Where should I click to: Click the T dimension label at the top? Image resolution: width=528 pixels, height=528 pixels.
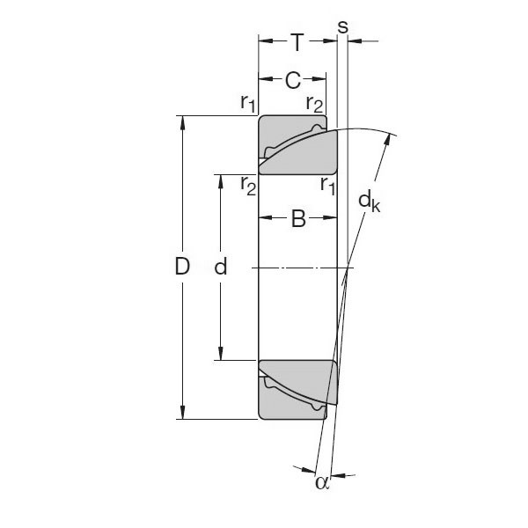tap(297, 41)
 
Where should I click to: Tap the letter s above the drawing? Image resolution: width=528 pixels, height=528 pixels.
tap(342, 26)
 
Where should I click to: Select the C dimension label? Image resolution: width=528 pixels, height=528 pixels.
tap(293, 81)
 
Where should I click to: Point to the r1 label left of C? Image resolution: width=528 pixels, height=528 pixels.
tap(247, 102)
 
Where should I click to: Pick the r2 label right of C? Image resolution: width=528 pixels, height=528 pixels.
tap(314, 103)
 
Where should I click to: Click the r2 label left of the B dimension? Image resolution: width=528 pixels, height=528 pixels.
tap(247, 185)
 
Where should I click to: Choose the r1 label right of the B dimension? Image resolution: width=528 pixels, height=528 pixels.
tap(328, 185)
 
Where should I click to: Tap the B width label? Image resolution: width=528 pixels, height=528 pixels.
tap(297, 220)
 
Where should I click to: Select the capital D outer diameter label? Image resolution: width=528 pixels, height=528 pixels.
tap(182, 268)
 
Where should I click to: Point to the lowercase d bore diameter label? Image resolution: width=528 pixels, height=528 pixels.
tap(221, 268)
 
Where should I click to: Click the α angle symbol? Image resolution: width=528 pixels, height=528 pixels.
tap(321, 481)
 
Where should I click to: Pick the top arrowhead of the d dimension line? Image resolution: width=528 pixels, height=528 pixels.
tap(221, 180)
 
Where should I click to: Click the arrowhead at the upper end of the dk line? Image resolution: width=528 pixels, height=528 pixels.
tap(388, 138)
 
